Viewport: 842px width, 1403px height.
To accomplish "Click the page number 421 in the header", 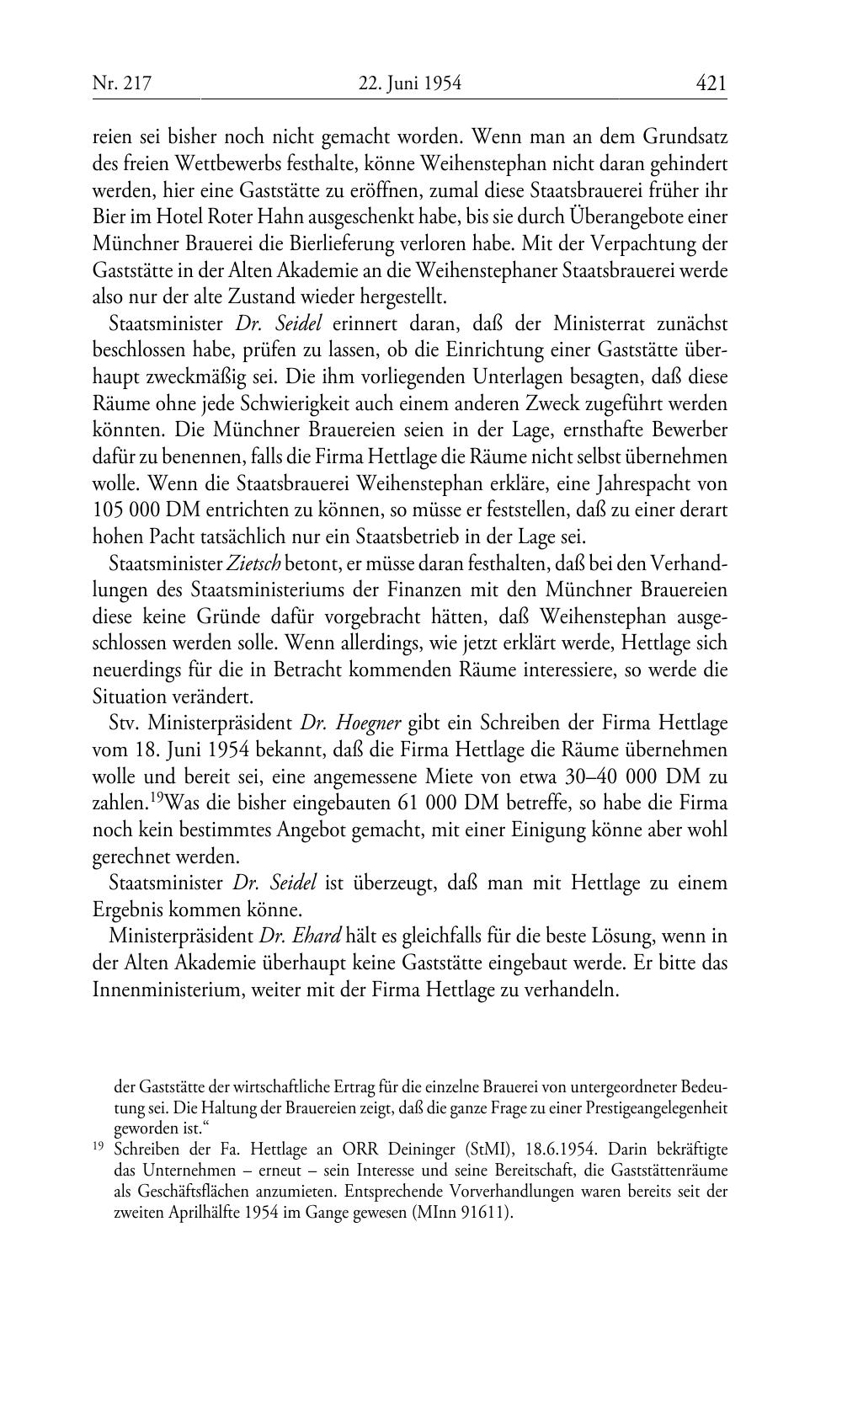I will [711, 83].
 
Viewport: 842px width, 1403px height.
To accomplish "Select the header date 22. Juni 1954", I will [410, 84].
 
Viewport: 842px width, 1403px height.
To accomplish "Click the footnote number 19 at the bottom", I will [99, 1147].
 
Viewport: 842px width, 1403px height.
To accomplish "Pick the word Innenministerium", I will [168, 990].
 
